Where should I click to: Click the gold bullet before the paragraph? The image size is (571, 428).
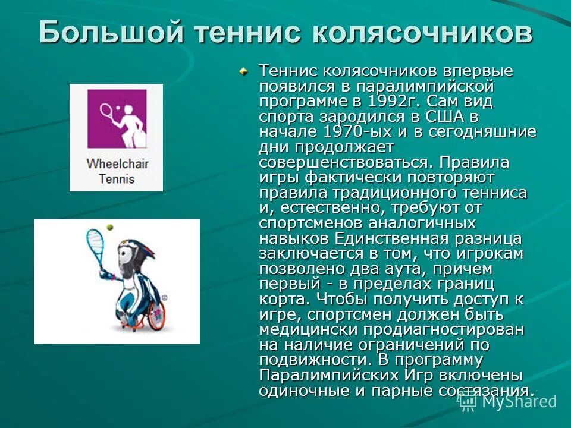click(x=243, y=71)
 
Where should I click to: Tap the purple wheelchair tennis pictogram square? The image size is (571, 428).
click(x=117, y=118)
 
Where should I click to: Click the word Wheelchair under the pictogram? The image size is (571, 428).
click(x=117, y=164)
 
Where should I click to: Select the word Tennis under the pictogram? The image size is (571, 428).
click(x=117, y=178)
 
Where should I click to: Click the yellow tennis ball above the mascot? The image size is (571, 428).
click(x=109, y=227)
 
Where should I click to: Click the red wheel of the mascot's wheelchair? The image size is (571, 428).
click(x=156, y=315)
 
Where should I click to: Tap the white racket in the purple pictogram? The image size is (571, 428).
click(x=106, y=111)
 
